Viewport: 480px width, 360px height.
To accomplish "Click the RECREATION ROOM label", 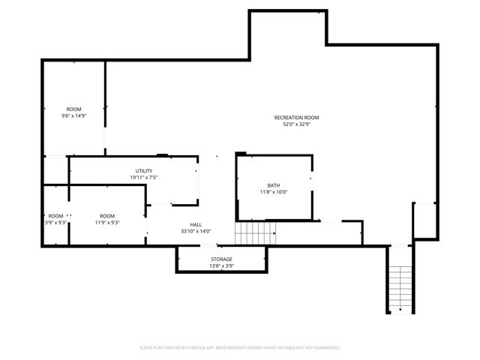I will click(296, 118).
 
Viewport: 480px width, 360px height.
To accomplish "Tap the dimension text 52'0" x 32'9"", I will click(296, 124).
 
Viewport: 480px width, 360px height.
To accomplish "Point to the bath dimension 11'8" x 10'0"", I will click(273, 192).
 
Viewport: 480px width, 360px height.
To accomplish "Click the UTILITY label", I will click(143, 171).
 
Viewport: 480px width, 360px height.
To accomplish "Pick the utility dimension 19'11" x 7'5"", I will click(143, 178).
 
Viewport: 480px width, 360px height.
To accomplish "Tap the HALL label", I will click(196, 224).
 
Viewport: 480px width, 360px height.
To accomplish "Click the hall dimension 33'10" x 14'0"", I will click(196, 231).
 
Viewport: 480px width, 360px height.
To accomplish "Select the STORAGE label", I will click(221, 259).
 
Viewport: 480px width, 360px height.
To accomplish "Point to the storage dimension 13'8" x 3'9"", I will click(221, 265).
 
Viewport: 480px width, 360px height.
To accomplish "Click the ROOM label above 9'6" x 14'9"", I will click(73, 109).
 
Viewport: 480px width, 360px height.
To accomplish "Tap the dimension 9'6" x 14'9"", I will click(73, 116).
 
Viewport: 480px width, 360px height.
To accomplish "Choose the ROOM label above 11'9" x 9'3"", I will click(108, 216).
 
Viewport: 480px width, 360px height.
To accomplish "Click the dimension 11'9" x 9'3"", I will click(108, 223).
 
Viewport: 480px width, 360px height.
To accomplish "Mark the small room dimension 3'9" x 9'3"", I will click(56, 223).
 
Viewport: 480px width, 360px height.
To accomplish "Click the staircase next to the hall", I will click(256, 233).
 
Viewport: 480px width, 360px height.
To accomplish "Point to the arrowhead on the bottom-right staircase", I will click(400, 309).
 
